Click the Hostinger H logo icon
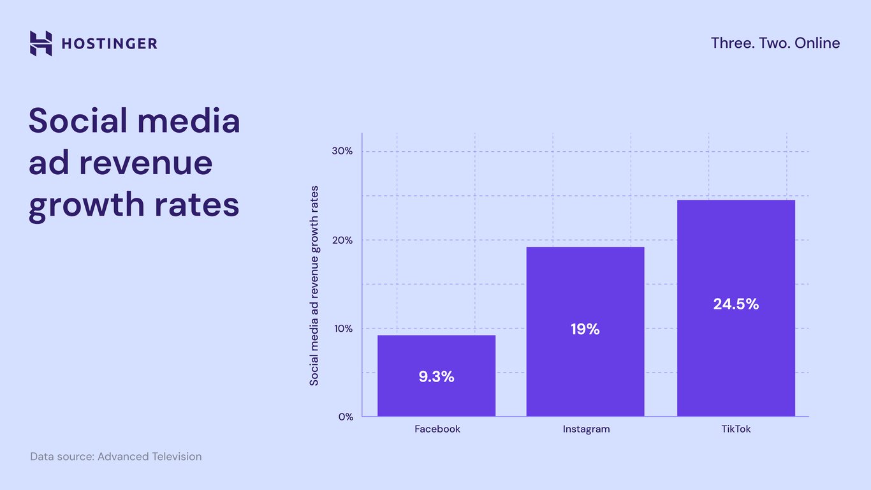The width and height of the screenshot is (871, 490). (41, 43)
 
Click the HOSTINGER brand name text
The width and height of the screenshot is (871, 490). (109, 44)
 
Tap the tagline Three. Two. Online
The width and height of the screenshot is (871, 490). (775, 43)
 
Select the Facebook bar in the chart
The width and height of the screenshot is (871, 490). (436, 357)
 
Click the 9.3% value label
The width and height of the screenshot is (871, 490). (436, 377)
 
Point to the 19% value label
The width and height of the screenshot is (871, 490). (585, 330)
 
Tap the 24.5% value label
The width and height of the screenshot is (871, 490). (736, 304)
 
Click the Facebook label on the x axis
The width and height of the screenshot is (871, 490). (437, 429)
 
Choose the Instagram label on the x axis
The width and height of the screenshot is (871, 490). (586, 429)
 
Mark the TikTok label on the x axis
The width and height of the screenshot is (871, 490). (736, 429)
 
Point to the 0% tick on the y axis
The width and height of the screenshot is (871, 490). (346, 417)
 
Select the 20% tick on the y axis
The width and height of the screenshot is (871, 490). (343, 241)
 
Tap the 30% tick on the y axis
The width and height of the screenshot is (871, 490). (343, 152)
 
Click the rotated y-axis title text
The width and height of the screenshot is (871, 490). (314, 286)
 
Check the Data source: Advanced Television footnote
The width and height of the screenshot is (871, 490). (116, 457)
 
